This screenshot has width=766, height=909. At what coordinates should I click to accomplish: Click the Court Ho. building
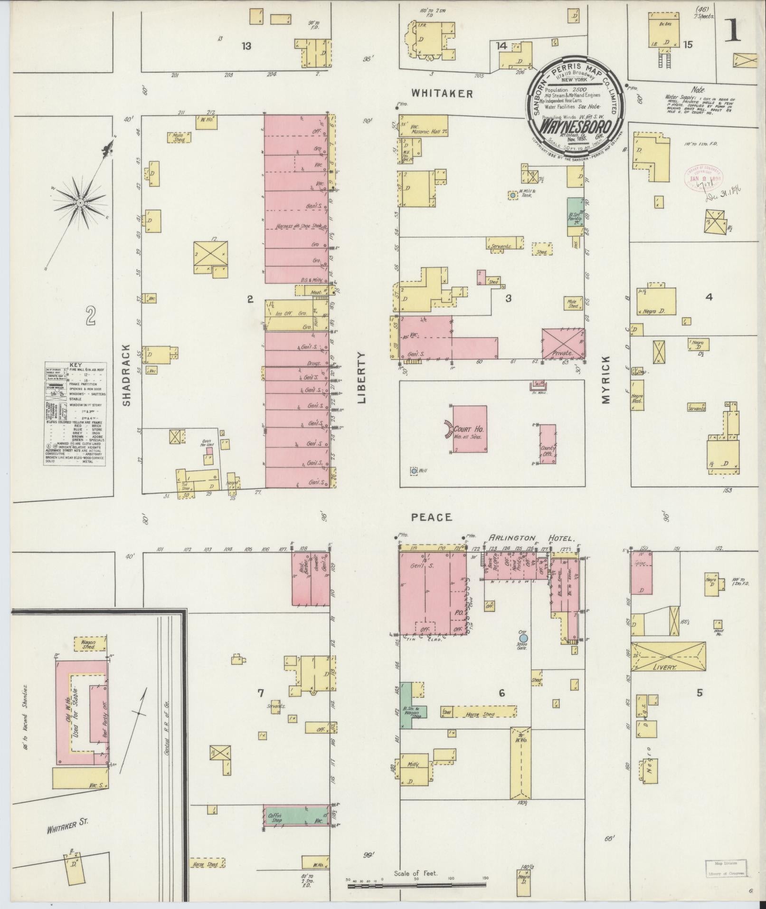click(469, 429)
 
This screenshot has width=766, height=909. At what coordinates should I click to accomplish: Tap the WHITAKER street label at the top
click(442, 94)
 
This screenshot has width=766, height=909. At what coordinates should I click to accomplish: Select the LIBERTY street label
click(362, 378)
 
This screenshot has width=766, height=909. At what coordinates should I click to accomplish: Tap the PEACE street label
click(431, 517)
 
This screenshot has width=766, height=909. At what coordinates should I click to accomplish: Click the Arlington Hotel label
click(532, 538)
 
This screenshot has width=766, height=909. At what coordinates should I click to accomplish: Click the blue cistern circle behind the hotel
click(523, 638)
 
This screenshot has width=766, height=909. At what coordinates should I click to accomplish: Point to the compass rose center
click(80, 203)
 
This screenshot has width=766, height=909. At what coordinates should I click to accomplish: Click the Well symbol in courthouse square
click(414, 470)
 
